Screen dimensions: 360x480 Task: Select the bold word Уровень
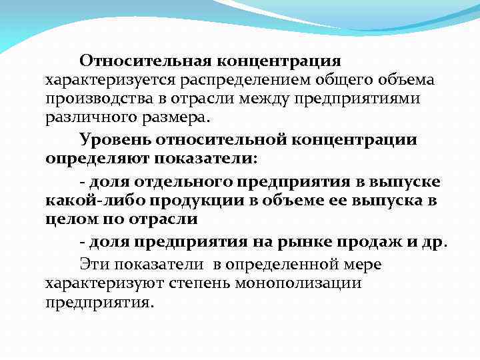(119, 140)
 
